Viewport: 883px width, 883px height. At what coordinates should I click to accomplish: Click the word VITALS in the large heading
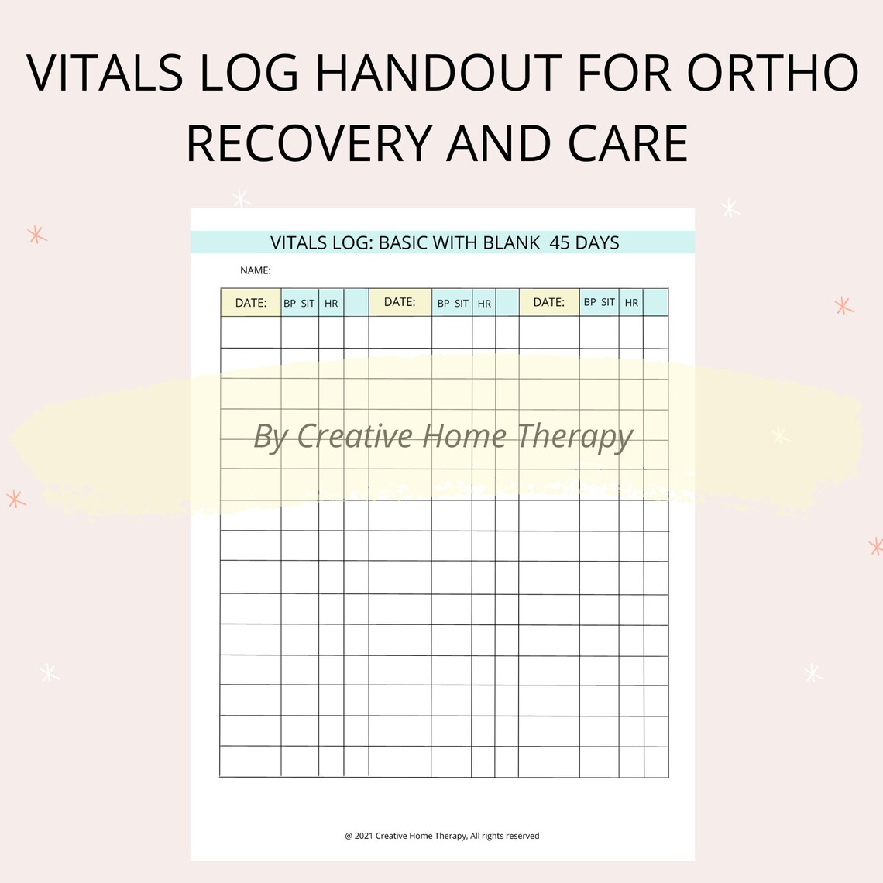click(105, 74)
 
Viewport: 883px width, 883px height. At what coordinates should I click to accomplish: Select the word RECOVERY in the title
click(309, 143)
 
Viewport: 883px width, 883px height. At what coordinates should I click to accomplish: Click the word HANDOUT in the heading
click(438, 74)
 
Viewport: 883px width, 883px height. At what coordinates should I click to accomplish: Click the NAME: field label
click(256, 270)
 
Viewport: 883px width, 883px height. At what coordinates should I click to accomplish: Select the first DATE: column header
click(251, 303)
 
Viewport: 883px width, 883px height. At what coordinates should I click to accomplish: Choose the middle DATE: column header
click(400, 302)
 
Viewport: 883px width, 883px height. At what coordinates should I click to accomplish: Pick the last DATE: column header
click(548, 302)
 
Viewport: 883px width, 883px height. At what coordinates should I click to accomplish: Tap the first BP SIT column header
click(299, 304)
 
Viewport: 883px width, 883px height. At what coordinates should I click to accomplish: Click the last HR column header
click(631, 303)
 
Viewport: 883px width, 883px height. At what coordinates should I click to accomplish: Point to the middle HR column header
click(484, 304)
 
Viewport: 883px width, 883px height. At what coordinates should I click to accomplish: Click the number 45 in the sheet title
click(559, 243)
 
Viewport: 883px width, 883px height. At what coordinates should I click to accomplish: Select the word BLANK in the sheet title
click(511, 243)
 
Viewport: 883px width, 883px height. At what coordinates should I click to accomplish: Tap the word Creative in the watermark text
click(355, 436)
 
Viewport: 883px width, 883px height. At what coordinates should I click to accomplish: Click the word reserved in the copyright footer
click(522, 836)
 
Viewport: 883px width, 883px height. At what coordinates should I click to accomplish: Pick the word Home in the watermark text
click(464, 436)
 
